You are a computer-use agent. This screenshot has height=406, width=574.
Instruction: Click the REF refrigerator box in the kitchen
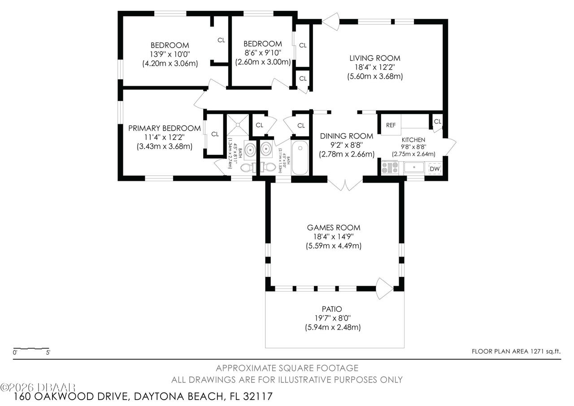click(x=391, y=125)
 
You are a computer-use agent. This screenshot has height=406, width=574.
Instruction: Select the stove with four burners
click(x=389, y=168)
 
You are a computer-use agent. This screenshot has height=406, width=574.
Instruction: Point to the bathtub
click(x=300, y=158)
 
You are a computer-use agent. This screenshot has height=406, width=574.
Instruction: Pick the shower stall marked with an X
click(x=237, y=124)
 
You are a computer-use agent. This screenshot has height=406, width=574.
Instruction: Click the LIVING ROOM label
click(x=375, y=58)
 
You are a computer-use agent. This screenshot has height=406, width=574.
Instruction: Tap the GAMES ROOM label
click(x=333, y=227)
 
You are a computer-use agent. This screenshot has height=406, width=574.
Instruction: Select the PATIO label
click(x=332, y=309)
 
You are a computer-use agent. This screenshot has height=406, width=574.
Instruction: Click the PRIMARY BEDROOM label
click(x=164, y=128)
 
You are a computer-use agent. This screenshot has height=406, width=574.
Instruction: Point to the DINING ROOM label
click(x=346, y=136)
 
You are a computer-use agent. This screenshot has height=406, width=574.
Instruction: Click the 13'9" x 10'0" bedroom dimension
click(x=170, y=54)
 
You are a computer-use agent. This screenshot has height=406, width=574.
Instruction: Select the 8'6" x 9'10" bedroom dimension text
click(x=263, y=53)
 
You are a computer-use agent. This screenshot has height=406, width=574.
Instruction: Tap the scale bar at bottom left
click(x=31, y=348)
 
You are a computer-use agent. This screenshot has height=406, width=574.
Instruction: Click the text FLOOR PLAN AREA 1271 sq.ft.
click(x=516, y=352)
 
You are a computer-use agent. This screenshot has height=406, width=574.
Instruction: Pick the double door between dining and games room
click(x=345, y=183)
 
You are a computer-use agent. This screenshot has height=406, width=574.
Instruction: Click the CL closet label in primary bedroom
click(x=215, y=134)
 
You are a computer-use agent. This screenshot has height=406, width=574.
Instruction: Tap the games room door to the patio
click(x=383, y=288)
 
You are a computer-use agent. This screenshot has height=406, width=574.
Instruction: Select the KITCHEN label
click(x=413, y=140)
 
